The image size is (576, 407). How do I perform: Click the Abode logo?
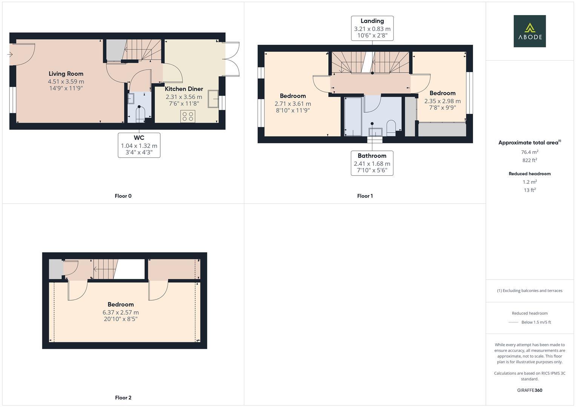point(529,31)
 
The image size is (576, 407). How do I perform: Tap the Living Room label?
point(66,74)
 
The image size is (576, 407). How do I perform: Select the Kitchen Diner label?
point(184,89)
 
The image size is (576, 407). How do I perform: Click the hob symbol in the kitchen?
point(188,116)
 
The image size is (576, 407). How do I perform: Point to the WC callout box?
point(139,145)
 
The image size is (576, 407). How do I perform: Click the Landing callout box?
point(372,28)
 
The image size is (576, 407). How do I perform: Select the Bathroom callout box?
point(372,163)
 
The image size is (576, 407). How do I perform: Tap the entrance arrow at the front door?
point(10,55)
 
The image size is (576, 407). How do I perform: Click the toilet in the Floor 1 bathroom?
point(391,128)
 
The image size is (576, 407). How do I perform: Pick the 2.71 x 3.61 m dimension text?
point(293,104)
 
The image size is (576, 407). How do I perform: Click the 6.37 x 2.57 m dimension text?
point(121,312)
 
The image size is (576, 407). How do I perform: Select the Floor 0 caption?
point(123,196)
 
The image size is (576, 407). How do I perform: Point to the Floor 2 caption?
point(123,398)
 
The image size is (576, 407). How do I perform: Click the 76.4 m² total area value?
point(530,152)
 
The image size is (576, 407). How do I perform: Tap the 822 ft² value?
point(530,160)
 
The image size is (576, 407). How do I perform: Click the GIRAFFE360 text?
point(530,390)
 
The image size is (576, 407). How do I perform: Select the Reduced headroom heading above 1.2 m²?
point(530,174)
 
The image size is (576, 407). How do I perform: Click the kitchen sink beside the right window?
point(213,99)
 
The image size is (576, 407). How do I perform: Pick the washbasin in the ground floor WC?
point(131,99)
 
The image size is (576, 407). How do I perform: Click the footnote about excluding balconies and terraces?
point(530,291)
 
